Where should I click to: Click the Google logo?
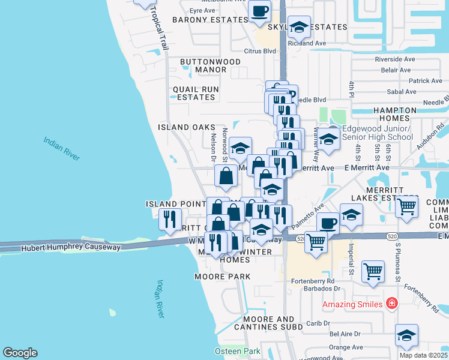tap(20, 353)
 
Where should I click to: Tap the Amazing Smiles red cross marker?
tap(392, 304)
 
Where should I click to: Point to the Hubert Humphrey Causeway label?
tap(71, 247)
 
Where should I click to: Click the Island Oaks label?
tap(186, 127)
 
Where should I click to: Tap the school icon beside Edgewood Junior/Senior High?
tap(328, 139)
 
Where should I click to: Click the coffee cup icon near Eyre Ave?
tap(260, 11)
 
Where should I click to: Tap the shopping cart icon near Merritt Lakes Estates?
tap(407, 206)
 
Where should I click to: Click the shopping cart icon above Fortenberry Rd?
tap(373, 272)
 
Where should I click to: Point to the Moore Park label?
tap(222, 277)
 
